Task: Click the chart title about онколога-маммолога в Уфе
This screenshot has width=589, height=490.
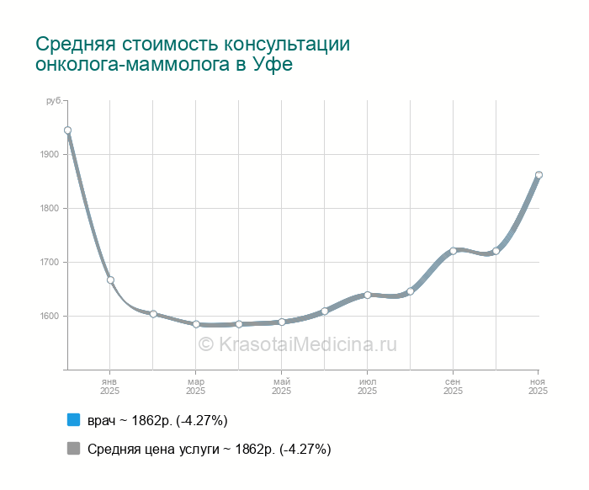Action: pyautogui.click(x=193, y=54)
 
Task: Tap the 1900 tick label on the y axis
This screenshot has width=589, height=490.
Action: pyautogui.click(x=49, y=155)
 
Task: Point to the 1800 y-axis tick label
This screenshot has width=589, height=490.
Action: pyautogui.click(x=49, y=209)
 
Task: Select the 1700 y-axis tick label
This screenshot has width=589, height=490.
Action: pyautogui.click(x=49, y=263)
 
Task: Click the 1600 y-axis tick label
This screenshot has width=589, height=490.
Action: pyautogui.click(x=49, y=317)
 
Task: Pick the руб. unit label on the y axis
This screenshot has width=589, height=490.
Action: pyautogui.click(x=54, y=101)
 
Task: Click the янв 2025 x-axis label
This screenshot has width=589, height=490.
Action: pyautogui.click(x=110, y=386)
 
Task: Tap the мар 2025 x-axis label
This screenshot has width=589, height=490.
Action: pyautogui.click(x=196, y=386)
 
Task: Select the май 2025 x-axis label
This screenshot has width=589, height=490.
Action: pyautogui.click(x=282, y=386)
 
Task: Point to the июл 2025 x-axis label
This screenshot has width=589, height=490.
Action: pyautogui.click(x=368, y=386)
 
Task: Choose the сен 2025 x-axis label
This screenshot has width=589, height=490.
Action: pyautogui.click(x=454, y=386)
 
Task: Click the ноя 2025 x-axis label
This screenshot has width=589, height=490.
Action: pyautogui.click(x=539, y=386)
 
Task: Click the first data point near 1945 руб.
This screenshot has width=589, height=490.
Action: pyautogui.click(x=67, y=130)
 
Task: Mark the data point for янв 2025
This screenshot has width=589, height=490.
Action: pyautogui.click(x=110, y=280)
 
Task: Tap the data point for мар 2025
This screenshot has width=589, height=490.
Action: pyautogui.click(x=196, y=324)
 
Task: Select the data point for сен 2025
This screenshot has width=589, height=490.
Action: pyautogui.click(x=454, y=251)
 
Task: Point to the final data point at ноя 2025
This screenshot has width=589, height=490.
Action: pyautogui.click(x=539, y=175)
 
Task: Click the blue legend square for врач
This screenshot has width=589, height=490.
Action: pyautogui.click(x=73, y=420)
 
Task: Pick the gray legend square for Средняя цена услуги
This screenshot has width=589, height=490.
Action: pyautogui.click(x=73, y=449)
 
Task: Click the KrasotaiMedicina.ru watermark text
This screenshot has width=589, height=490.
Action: pyautogui.click(x=297, y=344)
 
